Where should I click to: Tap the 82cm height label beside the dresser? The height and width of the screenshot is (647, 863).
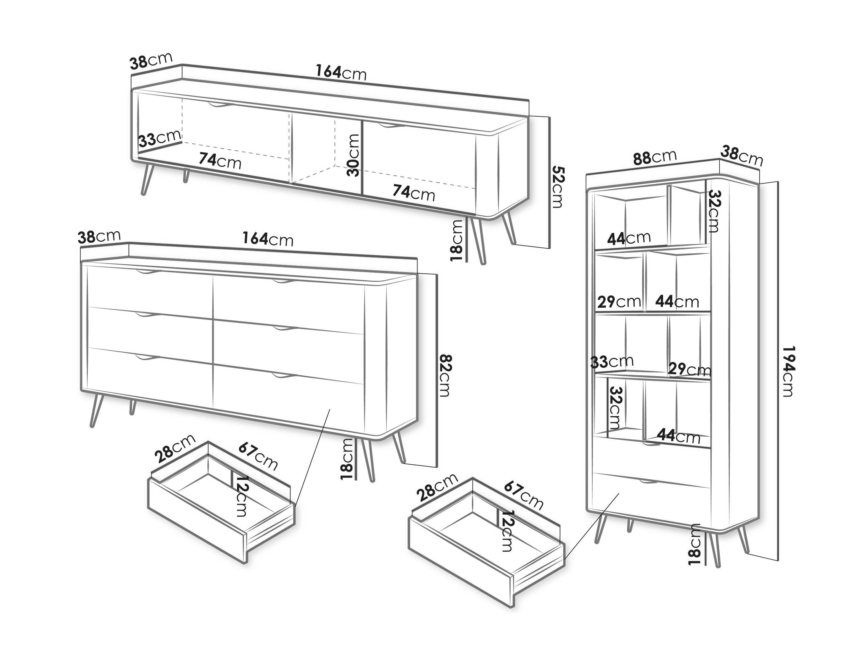[x=445, y=375]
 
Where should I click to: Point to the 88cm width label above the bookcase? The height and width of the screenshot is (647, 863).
[x=655, y=157]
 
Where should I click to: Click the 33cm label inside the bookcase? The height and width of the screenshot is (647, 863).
[x=612, y=362]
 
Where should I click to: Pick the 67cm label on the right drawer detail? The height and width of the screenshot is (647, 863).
[x=523, y=496]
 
